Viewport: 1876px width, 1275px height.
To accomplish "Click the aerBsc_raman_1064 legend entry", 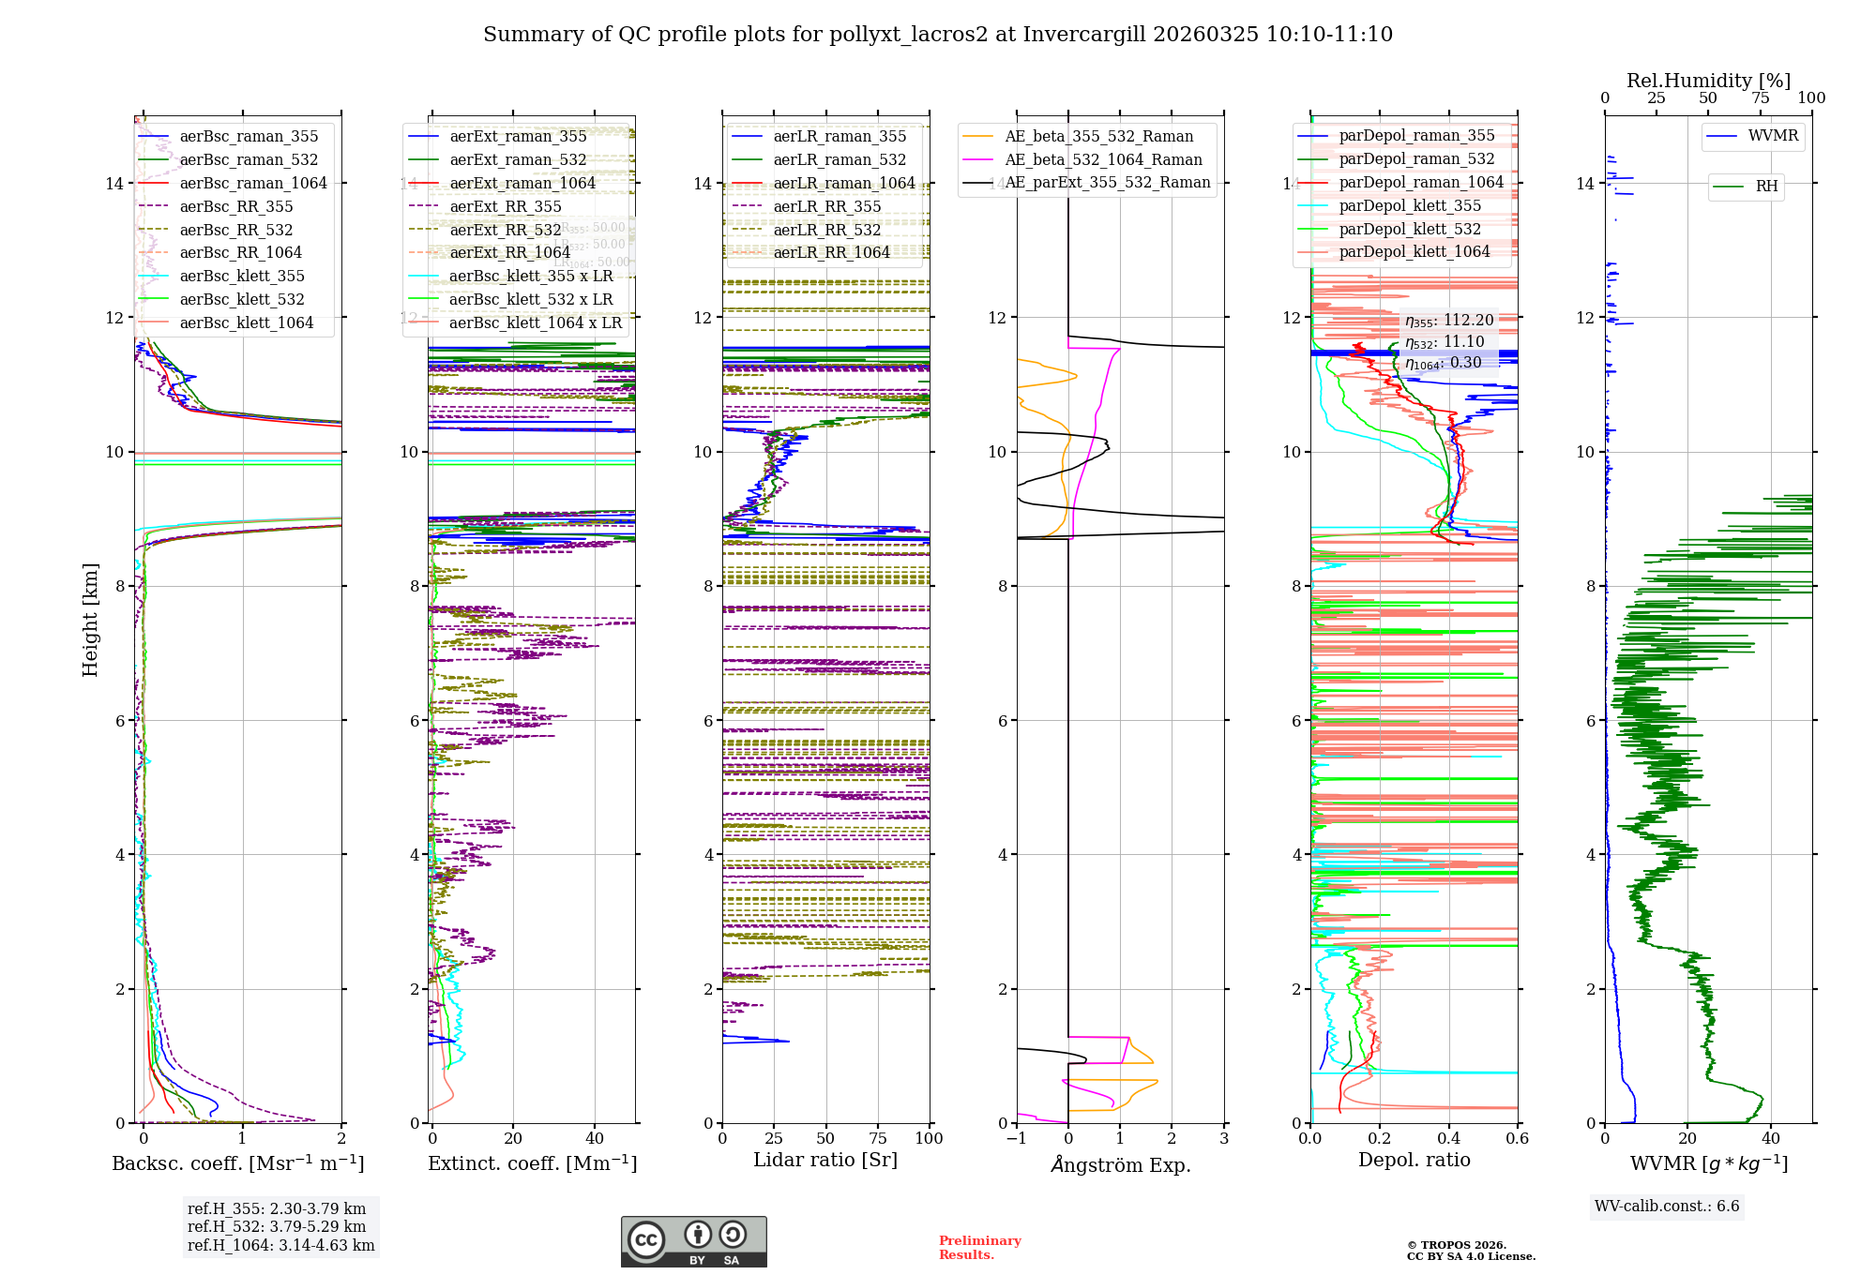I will [253, 183].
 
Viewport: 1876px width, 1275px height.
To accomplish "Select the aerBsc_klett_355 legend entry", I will [242, 276].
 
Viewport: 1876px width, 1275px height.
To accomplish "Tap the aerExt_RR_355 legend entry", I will [506, 206].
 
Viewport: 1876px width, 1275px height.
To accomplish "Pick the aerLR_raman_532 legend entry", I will [840, 159].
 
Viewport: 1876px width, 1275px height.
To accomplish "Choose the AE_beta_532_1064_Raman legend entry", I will [1103, 159].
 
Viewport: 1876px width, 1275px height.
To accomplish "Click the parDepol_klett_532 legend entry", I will [1410, 229].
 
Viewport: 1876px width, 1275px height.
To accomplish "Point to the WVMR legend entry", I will [1773, 136].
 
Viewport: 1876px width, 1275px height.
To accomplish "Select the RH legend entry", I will [1766, 186].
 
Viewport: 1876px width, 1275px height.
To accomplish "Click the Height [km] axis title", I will [90, 620].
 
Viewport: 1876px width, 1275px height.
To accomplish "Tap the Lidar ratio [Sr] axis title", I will [825, 1160].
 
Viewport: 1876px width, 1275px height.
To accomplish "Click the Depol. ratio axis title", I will [1414, 1160].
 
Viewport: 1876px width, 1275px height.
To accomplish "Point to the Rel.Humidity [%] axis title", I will [1708, 81].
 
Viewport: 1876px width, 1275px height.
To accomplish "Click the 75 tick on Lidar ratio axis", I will [878, 1138].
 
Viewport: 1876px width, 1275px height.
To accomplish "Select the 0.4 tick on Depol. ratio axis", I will [1448, 1138].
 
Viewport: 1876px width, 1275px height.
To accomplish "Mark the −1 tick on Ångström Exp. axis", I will [1016, 1138].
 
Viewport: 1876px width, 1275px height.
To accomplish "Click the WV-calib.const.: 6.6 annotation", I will [1667, 1206].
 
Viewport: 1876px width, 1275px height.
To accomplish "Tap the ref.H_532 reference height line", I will [277, 1226].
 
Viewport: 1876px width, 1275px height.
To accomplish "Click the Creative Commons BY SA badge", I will [693, 1241].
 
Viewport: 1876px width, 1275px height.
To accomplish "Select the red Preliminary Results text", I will [979, 1247].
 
